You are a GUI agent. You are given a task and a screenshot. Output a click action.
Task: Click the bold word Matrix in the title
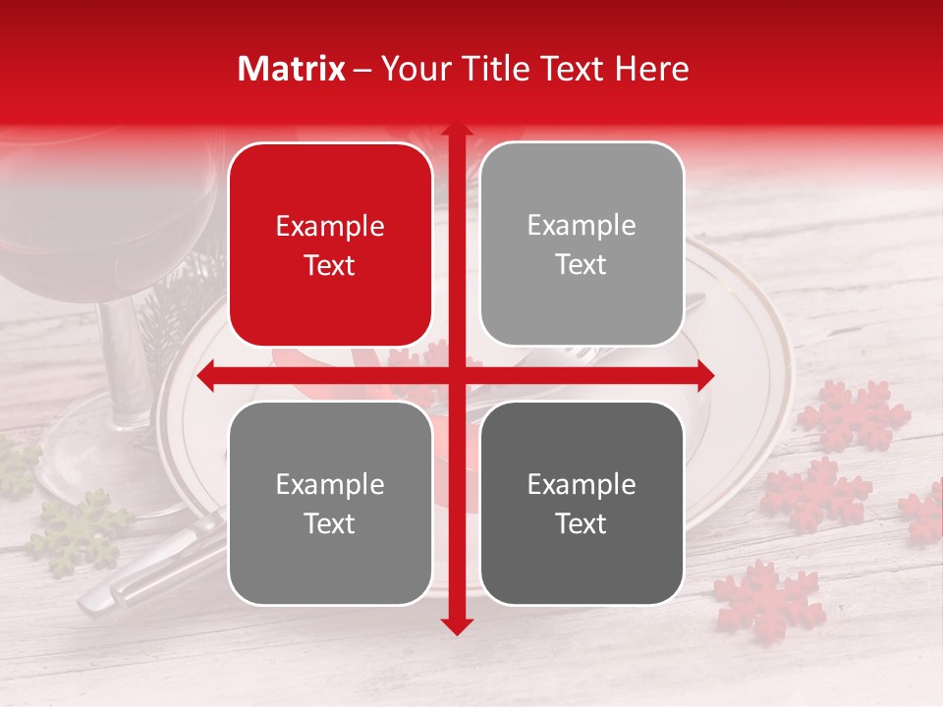(291, 69)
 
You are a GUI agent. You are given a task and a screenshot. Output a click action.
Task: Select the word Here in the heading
(651, 69)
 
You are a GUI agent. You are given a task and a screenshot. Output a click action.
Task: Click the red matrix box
(330, 245)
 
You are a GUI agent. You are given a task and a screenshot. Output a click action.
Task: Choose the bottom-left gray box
(330, 503)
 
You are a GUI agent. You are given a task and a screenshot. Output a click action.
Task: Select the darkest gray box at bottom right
(582, 503)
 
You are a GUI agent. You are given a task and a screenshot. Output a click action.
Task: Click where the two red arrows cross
(457, 375)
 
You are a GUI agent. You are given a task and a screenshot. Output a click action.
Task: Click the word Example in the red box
(330, 227)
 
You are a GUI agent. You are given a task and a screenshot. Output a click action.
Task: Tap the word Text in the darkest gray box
(582, 523)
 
